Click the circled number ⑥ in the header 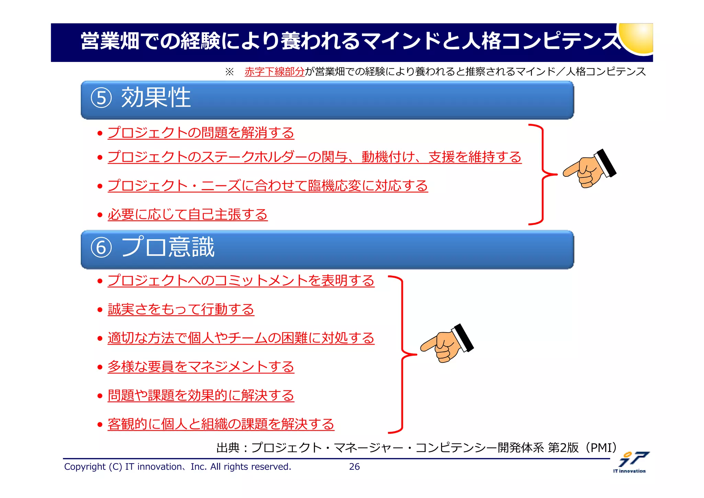point(101,247)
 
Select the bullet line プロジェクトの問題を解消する point(201,133)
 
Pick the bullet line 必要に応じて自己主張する point(187,215)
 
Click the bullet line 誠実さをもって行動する point(181,309)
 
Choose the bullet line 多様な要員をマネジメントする point(201,367)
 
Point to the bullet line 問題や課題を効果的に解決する point(201,396)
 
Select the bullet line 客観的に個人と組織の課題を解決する point(221,424)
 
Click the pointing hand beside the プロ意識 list point(447,344)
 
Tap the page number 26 point(354,467)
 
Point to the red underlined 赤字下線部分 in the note point(274,72)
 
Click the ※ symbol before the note point(229,72)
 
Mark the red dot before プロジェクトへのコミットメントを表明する point(100,281)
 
